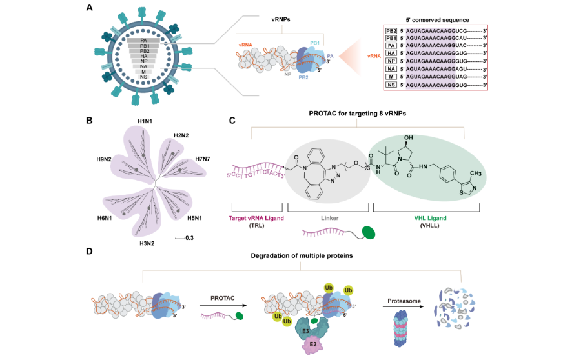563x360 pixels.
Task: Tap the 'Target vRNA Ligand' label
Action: click(x=258, y=219)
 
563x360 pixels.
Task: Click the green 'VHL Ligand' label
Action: click(x=425, y=219)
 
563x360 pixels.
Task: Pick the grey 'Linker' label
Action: click(x=329, y=219)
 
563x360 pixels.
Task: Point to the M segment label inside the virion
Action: click(x=143, y=71)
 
